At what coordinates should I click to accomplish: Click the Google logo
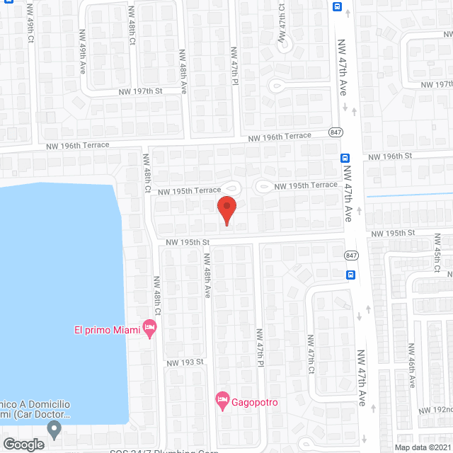(23, 444)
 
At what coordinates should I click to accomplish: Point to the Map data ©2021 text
(422, 447)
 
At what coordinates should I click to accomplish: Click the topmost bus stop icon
(337, 6)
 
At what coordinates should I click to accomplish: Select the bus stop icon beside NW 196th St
(345, 158)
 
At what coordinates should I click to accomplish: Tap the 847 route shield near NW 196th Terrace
(336, 132)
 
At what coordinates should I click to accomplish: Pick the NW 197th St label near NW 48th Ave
(140, 91)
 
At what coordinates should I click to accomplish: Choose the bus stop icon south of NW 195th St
(351, 275)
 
